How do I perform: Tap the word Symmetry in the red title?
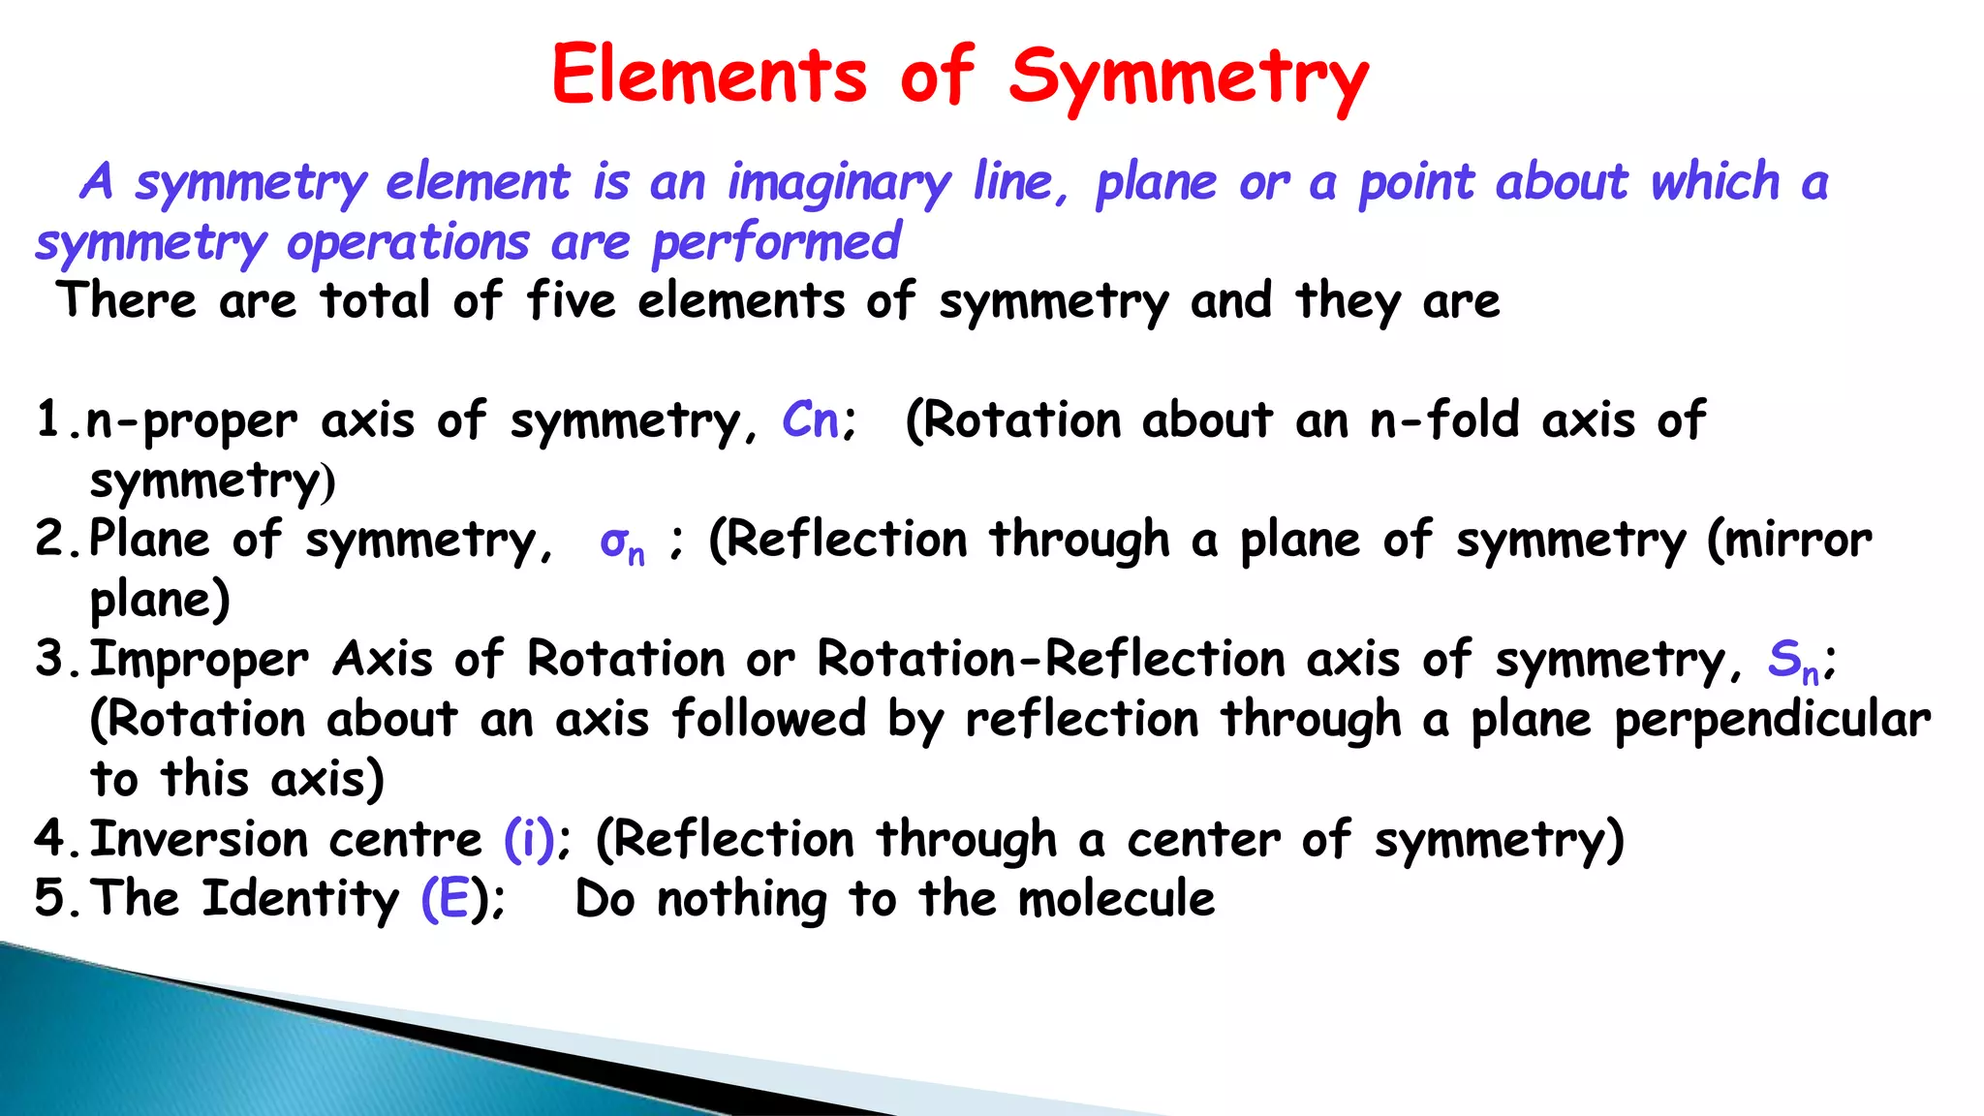coord(1189,77)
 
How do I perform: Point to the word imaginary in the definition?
coord(839,184)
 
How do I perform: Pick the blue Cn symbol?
coord(810,420)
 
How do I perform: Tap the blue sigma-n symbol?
coord(621,542)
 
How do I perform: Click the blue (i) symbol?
coord(529,839)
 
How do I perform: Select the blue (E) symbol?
coord(448,899)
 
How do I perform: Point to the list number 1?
coord(49,420)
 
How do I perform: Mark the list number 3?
coord(49,660)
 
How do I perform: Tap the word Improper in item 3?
coord(200,662)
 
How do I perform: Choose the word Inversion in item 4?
coord(198,839)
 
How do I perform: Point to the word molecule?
coord(1116,899)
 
